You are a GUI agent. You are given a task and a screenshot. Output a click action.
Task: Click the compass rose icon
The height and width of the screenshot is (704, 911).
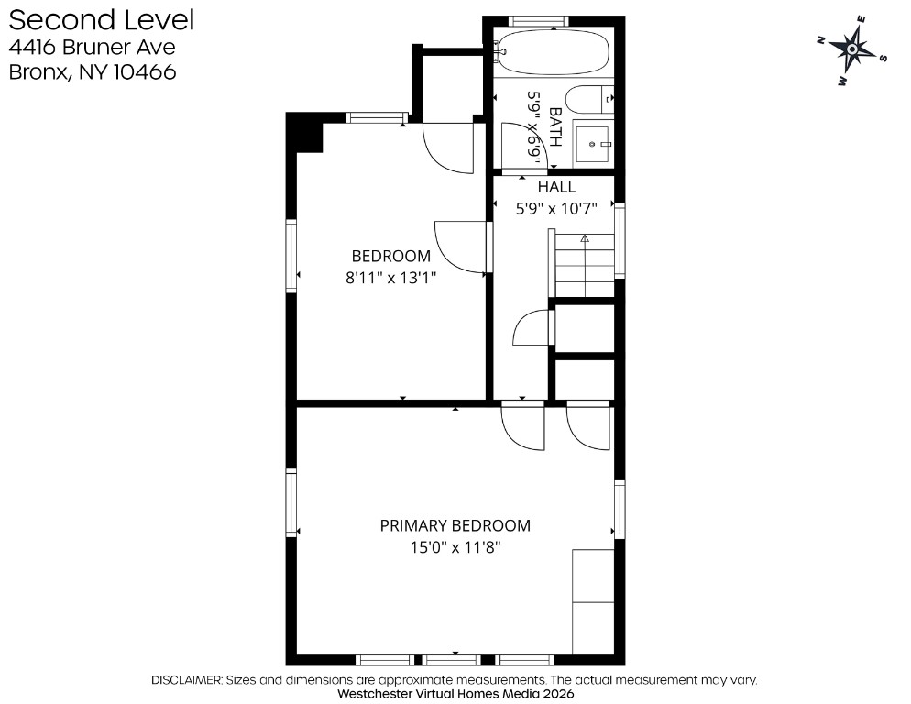tap(852, 49)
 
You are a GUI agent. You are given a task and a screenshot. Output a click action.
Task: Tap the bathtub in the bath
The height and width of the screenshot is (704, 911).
tap(554, 52)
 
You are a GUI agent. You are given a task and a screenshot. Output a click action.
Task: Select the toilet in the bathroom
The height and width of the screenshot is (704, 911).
tap(589, 99)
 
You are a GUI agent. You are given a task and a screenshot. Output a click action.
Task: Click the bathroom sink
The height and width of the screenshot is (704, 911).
tap(593, 143)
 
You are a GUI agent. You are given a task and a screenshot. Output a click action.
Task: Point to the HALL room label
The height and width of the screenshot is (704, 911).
tap(556, 187)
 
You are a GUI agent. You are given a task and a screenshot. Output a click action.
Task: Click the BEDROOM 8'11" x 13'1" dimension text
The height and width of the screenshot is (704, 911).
tap(391, 278)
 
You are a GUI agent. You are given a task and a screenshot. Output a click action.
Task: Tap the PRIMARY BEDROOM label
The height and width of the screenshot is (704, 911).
tap(455, 525)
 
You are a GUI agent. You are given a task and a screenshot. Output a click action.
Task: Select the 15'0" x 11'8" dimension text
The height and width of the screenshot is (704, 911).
tap(455, 547)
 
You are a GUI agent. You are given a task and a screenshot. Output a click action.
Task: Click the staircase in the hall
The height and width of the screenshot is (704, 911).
tap(585, 265)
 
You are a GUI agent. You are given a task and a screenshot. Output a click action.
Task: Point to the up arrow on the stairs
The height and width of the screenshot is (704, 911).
tap(585, 238)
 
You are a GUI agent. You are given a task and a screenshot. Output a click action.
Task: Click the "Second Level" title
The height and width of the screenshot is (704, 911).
tap(102, 20)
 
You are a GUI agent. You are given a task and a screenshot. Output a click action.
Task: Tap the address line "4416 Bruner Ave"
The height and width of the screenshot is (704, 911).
tap(92, 47)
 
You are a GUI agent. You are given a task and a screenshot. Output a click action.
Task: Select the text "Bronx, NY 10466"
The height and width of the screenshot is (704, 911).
tap(93, 72)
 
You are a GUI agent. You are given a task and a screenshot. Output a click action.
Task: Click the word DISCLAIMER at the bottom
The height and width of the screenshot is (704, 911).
tap(186, 679)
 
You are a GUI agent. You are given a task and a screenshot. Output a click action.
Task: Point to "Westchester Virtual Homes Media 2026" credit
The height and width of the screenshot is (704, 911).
tap(455, 694)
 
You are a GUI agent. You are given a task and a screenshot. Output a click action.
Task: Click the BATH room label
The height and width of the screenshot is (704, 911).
tap(555, 126)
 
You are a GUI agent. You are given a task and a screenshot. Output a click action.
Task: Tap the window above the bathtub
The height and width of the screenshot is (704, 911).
tap(539, 21)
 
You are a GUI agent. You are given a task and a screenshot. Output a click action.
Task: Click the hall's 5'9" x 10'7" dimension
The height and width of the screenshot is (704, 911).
tap(556, 209)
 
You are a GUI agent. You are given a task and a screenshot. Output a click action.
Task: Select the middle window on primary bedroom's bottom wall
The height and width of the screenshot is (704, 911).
tap(452, 660)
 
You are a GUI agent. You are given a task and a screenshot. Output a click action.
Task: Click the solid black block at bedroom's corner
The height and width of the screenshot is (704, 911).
tap(304, 133)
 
